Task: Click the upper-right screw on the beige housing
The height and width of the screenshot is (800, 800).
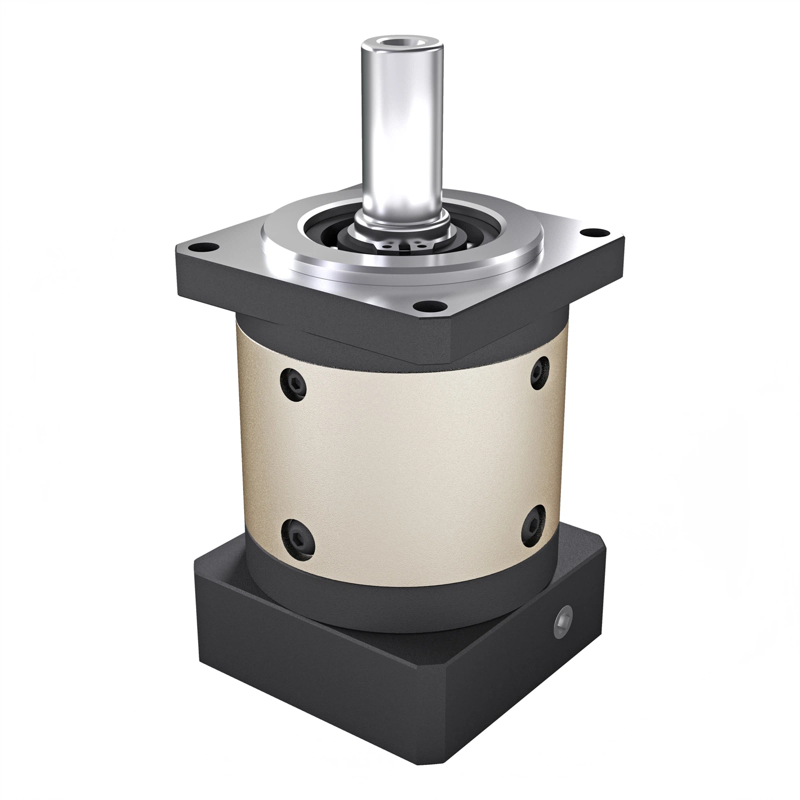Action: point(539,369)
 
